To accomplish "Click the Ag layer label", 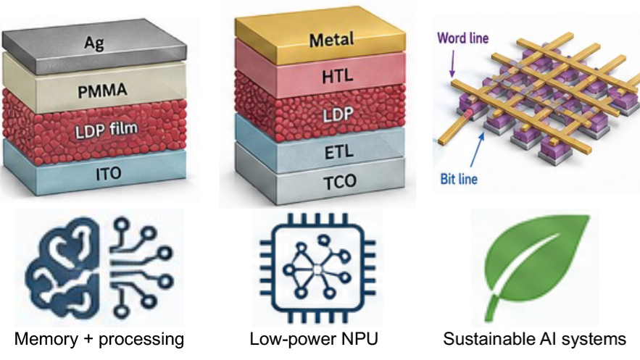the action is click(94, 43).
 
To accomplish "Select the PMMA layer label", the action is click(102, 91).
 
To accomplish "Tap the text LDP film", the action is click(107, 130).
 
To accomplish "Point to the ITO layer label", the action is click(109, 174).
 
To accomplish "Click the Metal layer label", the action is click(331, 40).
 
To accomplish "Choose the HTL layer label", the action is click(338, 76).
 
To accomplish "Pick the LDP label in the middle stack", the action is click(337, 114).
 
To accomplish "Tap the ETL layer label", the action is click(338, 153).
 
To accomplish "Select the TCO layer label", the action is click(340, 181).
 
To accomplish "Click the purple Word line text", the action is click(463, 38).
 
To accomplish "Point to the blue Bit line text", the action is click(459, 179).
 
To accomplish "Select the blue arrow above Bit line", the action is click(478, 150).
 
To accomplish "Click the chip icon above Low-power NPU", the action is click(317, 269).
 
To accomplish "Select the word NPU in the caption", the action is click(360, 339).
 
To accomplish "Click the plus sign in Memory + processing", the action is click(87, 340).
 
